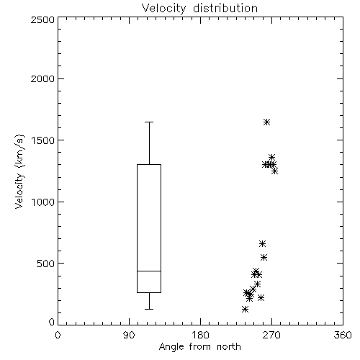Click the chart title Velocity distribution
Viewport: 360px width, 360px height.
click(199, 8)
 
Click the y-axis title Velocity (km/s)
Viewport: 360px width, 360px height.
click(19, 171)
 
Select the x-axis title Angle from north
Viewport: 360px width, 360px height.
click(199, 347)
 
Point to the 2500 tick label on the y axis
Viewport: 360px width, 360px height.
click(42, 19)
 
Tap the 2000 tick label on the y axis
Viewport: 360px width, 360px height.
click(42, 78)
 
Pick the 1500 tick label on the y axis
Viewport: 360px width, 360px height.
click(43, 140)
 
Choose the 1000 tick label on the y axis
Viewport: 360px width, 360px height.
click(43, 202)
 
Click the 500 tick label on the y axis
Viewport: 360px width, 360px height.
click(46, 264)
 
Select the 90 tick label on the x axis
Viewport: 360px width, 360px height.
click(129, 335)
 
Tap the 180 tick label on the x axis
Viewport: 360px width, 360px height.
click(200, 335)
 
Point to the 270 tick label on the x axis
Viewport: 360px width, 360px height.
click(271, 335)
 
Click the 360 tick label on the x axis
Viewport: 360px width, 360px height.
click(343, 335)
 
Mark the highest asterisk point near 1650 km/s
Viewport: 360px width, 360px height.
click(266, 122)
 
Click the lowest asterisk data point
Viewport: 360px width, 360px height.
click(245, 310)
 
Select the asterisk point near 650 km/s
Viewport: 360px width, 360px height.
click(262, 244)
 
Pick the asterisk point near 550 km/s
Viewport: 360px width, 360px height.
click(264, 258)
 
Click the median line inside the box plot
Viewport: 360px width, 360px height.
click(149, 271)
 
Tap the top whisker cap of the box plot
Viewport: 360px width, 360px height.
click(149, 122)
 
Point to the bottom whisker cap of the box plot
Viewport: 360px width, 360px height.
click(149, 309)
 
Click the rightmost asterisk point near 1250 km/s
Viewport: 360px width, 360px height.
click(275, 171)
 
